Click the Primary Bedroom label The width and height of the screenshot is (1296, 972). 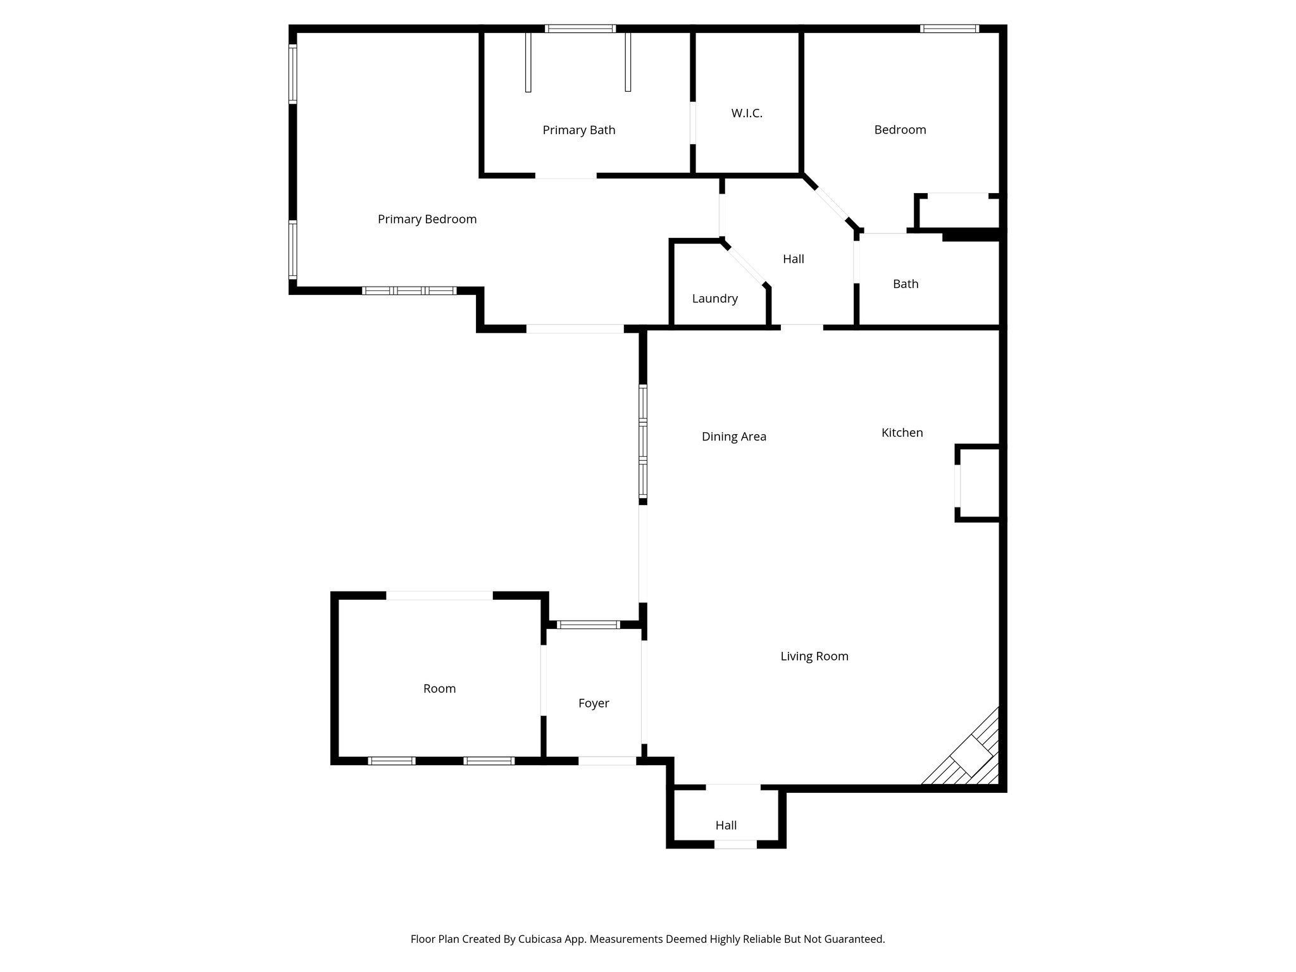click(x=427, y=220)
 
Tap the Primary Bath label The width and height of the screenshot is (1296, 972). click(x=578, y=130)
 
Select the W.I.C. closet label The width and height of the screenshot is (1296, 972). click(x=747, y=114)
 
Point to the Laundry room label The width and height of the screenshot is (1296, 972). click(x=714, y=299)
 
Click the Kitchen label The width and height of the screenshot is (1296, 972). click(x=902, y=433)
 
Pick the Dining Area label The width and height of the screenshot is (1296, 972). click(x=733, y=437)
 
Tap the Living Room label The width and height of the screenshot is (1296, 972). click(x=814, y=657)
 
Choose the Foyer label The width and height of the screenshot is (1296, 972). click(x=594, y=703)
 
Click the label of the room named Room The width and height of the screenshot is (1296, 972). click(x=439, y=688)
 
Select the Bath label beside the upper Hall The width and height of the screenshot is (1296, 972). click(x=905, y=284)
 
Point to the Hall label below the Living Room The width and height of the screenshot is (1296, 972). click(x=726, y=825)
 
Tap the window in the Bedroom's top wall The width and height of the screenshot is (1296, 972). click(x=949, y=28)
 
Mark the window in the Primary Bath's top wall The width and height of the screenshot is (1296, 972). click(x=580, y=28)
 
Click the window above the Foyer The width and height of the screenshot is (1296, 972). click(x=588, y=625)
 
